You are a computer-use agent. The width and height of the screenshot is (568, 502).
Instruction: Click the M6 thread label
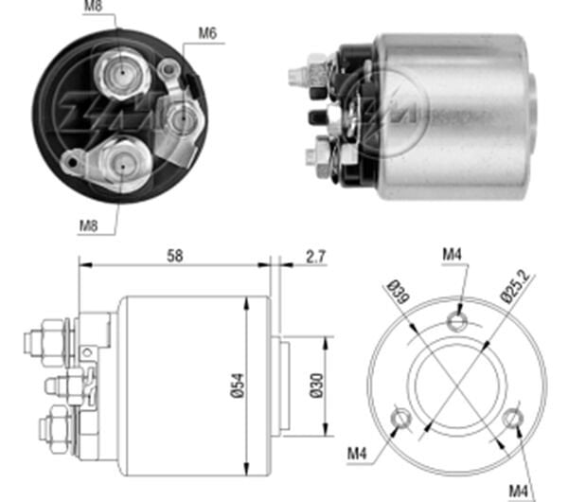tap(207, 34)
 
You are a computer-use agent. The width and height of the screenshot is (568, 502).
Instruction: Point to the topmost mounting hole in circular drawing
tap(458, 322)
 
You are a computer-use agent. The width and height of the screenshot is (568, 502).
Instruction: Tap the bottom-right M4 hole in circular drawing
tap(513, 416)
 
